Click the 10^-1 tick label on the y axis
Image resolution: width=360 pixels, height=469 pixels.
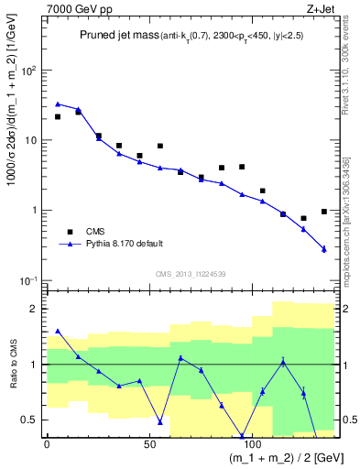(x=27, y=280)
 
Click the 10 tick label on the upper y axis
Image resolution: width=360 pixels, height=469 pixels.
(x=29, y=140)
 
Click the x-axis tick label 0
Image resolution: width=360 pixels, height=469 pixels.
(x=47, y=443)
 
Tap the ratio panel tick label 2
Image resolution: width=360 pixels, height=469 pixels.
(x=35, y=309)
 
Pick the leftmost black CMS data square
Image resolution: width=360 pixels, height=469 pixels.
(x=58, y=116)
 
